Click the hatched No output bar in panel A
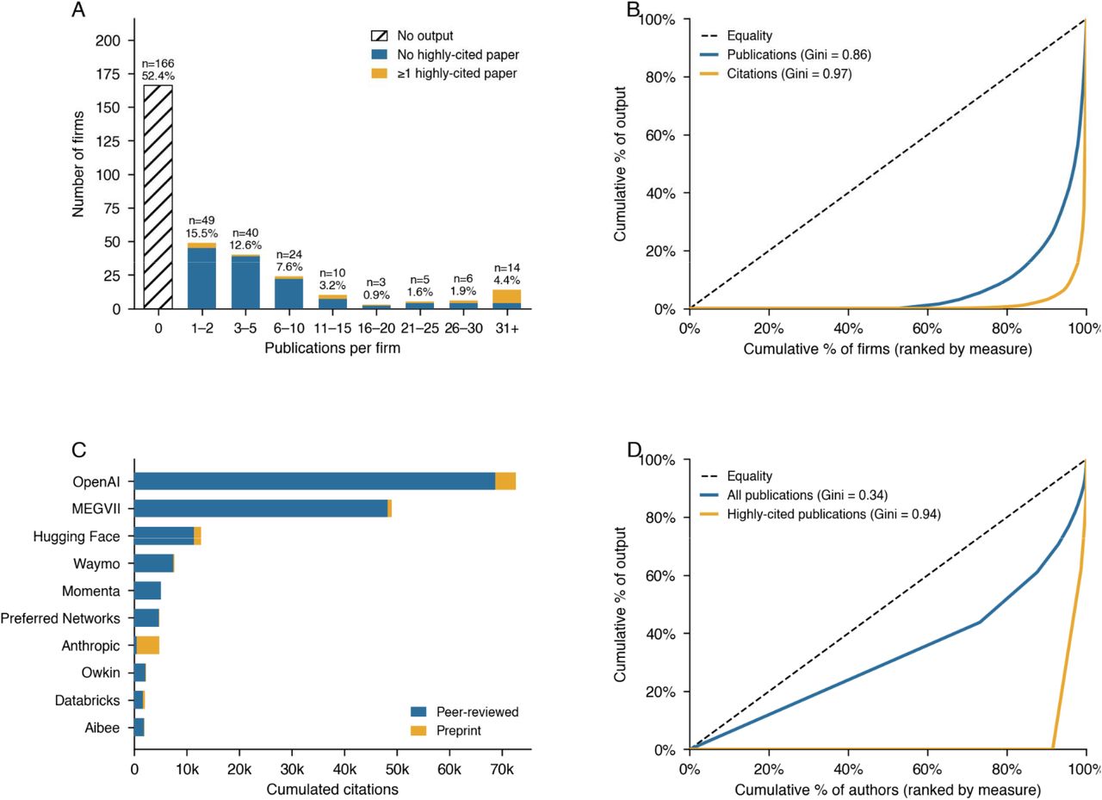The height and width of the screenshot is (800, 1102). tap(158, 197)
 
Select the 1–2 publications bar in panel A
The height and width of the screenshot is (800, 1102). tap(201, 276)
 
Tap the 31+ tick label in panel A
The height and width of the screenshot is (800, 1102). tap(507, 328)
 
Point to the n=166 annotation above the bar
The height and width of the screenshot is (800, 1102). tap(158, 64)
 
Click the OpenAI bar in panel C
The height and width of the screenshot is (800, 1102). tap(325, 481)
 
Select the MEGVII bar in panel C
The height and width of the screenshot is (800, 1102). tap(263, 508)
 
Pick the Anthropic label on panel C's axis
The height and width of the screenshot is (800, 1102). tap(90, 646)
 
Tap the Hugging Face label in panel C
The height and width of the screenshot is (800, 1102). tap(77, 536)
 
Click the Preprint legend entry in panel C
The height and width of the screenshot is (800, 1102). tap(446, 730)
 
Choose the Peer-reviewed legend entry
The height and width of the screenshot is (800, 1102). tap(464, 712)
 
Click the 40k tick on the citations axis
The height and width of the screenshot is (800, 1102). tap(344, 769)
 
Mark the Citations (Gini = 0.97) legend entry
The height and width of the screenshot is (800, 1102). tap(776, 74)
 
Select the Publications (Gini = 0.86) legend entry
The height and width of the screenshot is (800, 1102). tap(784, 54)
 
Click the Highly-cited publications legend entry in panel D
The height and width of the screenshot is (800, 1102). tap(820, 514)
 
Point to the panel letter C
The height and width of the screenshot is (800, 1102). tap(78, 450)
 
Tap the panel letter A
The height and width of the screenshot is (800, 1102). tap(78, 9)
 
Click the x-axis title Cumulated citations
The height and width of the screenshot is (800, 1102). tap(332, 790)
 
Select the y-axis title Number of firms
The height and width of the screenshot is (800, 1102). tap(78, 164)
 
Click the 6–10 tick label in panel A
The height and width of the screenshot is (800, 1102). tap(288, 328)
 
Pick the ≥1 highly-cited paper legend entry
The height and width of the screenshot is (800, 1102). tap(443, 74)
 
